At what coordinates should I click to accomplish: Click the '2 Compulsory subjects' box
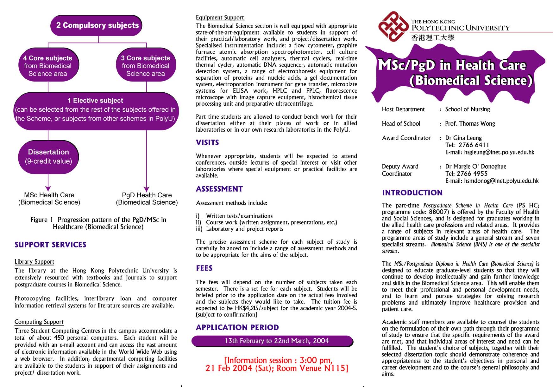tap(97, 25)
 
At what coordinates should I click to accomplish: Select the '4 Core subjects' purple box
tap(48, 66)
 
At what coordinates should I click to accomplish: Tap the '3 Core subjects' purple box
tap(146, 66)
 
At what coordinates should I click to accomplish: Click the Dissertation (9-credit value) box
tap(48, 157)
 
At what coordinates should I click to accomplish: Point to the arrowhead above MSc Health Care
tap(48, 189)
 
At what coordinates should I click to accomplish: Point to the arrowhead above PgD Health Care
tap(146, 189)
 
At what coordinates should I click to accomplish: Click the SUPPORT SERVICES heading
tap(50, 245)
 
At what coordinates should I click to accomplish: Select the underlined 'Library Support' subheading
tap(34, 262)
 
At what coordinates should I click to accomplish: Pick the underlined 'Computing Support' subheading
tap(39, 322)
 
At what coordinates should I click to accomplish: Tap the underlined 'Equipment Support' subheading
tap(220, 17)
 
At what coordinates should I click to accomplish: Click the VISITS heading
tap(207, 143)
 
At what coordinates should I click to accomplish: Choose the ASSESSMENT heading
tap(219, 189)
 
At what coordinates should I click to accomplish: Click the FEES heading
tap(204, 268)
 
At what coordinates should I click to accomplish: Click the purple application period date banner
tap(272, 341)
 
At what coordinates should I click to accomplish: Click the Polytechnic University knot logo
tap(393, 26)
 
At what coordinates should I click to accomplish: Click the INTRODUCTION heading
tap(412, 193)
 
